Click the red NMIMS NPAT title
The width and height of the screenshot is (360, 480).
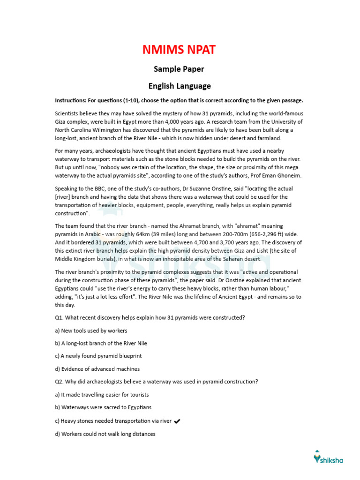(x=180, y=50)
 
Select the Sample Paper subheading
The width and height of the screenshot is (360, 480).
(x=180, y=69)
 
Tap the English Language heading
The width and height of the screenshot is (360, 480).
(x=180, y=86)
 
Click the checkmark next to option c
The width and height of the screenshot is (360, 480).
(x=177, y=421)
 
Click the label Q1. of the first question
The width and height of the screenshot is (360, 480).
(x=60, y=318)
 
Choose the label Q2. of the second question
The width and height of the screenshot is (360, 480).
(x=60, y=382)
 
